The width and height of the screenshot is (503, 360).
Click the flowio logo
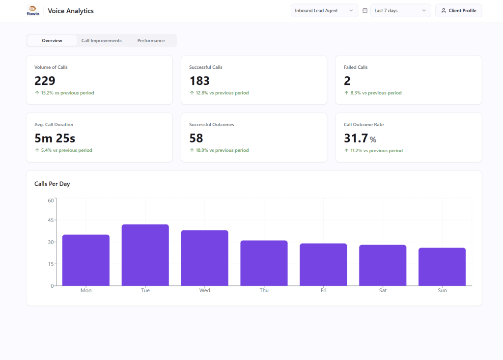[x=32, y=10]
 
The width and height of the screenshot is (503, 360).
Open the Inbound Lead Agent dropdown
[x=324, y=11]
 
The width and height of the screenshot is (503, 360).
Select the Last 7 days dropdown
[x=400, y=11]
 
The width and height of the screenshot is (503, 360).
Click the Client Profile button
[x=458, y=11]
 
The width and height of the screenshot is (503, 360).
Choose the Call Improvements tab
[x=101, y=41]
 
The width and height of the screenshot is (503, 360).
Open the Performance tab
[x=151, y=41]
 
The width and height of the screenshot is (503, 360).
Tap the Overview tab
[x=52, y=41]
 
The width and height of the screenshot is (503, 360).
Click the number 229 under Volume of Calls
[x=45, y=81]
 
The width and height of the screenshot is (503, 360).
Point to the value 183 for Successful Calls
[x=199, y=81]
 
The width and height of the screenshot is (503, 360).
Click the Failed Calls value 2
[x=347, y=81]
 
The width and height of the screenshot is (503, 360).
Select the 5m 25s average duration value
[x=55, y=138]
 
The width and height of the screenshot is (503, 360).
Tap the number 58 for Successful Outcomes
[x=196, y=138]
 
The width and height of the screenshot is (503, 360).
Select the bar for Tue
[x=145, y=255]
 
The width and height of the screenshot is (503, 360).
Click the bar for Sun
[x=442, y=267]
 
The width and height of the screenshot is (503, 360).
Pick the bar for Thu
[x=264, y=263]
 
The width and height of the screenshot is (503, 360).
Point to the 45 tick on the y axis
[x=51, y=220]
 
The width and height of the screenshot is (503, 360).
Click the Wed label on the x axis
[x=205, y=290]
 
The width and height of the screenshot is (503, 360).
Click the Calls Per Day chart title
[x=52, y=184]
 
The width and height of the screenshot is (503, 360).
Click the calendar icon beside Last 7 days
[x=365, y=11]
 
